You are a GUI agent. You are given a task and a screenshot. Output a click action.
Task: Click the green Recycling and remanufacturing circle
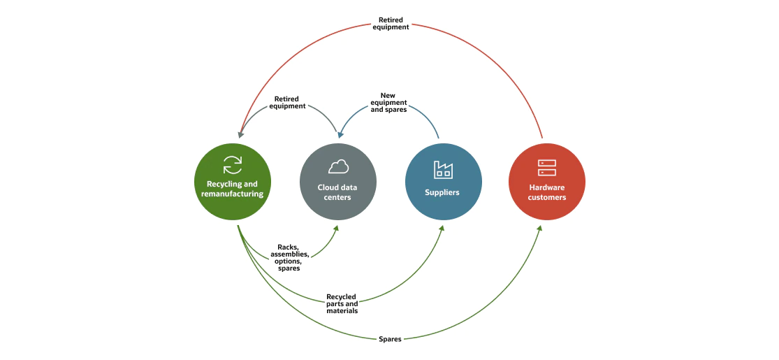(x=232, y=182)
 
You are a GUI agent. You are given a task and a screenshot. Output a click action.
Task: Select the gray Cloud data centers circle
(x=337, y=182)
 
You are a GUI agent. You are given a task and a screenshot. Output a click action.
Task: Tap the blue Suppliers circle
(x=443, y=182)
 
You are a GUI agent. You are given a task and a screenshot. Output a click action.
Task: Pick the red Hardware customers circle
(x=546, y=182)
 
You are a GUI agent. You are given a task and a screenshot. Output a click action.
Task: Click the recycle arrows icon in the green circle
(x=232, y=165)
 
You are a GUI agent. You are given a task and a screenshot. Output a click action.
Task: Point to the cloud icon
(x=338, y=167)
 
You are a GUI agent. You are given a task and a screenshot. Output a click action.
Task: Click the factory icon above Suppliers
(x=443, y=169)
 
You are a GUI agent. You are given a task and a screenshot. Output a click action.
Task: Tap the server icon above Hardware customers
(x=546, y=168)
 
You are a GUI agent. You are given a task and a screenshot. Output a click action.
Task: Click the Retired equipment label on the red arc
(x=391, y=23)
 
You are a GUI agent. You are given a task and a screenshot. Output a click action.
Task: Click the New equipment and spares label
(x=388, y=102)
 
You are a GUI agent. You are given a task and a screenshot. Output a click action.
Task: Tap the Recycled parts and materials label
(x=342, y=303)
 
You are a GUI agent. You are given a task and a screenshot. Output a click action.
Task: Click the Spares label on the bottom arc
(x=390, y=338)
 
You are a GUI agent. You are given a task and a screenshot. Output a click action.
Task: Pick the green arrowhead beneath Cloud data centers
(x=337, y=229)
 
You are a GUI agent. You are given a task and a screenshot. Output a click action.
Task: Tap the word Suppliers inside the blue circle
(x=443, y=192)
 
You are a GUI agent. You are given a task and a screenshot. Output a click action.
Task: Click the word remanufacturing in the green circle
(x=232, y=194)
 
